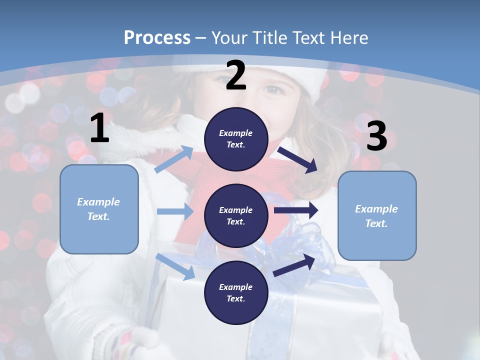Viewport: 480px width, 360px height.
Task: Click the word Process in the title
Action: click(157, 37)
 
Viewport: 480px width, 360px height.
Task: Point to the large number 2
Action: click(236, 75)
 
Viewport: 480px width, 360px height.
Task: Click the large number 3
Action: click(376, 136)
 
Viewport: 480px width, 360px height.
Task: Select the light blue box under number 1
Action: click(99, 209)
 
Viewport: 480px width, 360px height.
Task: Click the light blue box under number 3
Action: click(377, 216)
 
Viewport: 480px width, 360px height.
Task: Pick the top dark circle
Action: click(236, 139)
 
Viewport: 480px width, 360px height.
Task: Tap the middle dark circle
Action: click(236, 215)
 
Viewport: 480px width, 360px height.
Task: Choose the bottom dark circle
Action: click(236, 292)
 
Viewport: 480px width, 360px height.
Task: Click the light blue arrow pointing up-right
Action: click(174, 159)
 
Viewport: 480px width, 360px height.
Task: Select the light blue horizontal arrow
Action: click(175, 211)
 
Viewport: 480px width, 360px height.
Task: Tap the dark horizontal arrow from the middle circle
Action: click(296, 210)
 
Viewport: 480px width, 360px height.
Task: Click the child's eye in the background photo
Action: click(273, 90)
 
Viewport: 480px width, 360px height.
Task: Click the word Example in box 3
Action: click(376, 209)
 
